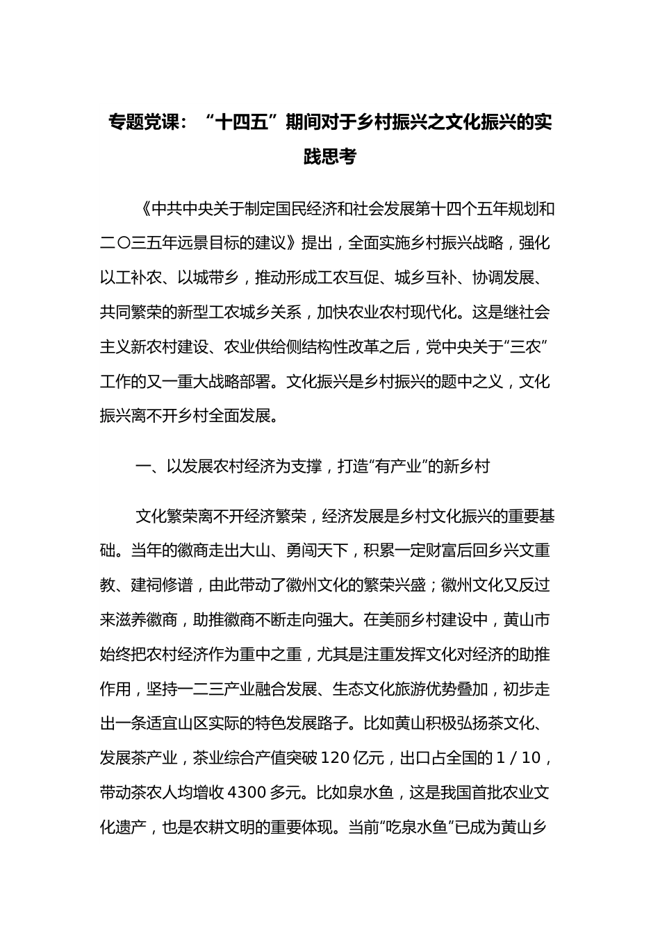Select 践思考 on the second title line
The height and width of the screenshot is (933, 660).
click(x=330, y=158)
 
